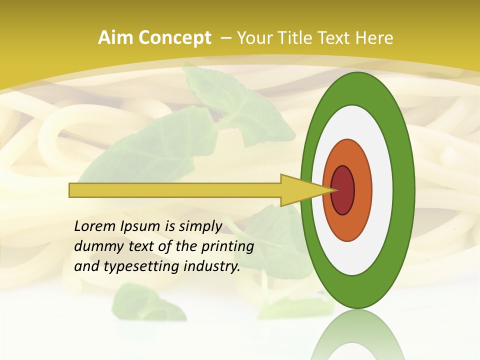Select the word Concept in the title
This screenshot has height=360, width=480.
point(174,38)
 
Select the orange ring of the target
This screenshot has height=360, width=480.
point(363,190)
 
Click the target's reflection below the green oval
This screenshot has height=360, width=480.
point(357,335)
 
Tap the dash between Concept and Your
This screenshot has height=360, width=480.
point(225,38)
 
